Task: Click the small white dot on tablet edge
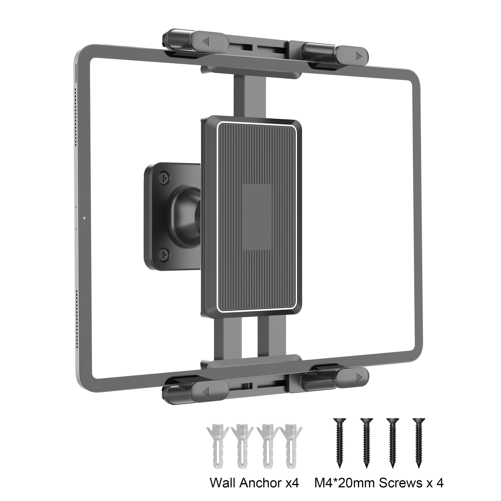(x=84, y=218)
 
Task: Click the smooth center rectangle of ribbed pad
(x=257, y=216)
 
